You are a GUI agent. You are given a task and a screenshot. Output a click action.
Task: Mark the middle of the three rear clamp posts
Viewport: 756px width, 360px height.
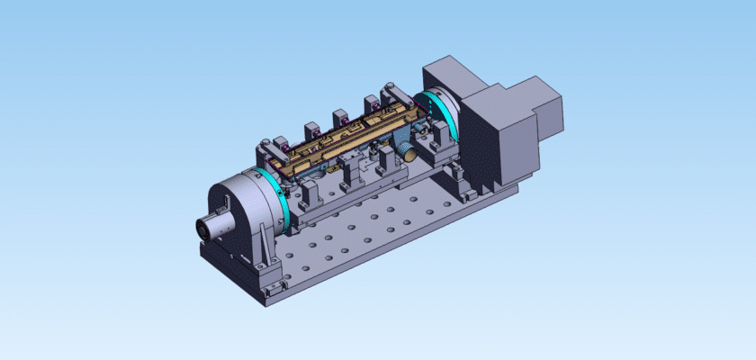(x=340, y=118)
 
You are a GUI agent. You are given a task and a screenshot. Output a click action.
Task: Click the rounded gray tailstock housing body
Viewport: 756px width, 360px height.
(x=237, y=202)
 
